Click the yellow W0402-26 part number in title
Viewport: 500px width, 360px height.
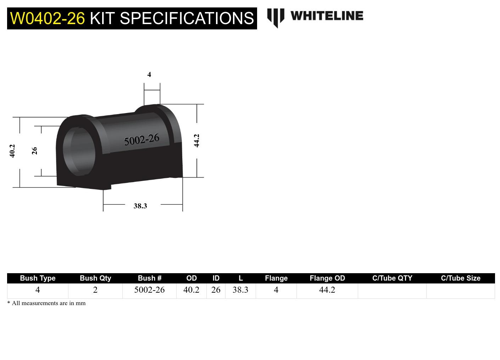(48, 18)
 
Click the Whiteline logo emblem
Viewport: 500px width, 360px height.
(276, 17)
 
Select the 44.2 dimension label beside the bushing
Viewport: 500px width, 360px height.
(197, 141)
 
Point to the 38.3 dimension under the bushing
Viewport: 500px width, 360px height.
(140, 206)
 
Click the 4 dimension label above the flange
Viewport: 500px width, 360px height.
(149, 74)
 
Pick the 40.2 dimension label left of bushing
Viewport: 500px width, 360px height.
(12, 151)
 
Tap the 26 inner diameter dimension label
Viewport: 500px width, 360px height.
(34, 151)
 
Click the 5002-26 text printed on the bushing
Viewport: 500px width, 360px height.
(141, 140)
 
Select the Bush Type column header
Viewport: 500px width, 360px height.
(38, 278)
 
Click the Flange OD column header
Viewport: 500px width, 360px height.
(327, 278)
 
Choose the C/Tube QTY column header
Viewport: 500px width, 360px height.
(392, 278)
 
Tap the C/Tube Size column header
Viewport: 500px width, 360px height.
(460, 278)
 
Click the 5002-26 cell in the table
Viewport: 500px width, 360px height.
(149, 290)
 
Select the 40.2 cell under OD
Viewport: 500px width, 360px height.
(191, 290)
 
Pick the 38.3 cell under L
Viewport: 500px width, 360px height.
(240, 290)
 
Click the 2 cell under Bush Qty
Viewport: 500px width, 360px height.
(95, 290)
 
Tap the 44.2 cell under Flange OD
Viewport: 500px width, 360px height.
(327, 290)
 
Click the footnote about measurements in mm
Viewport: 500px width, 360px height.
(46, 303)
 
